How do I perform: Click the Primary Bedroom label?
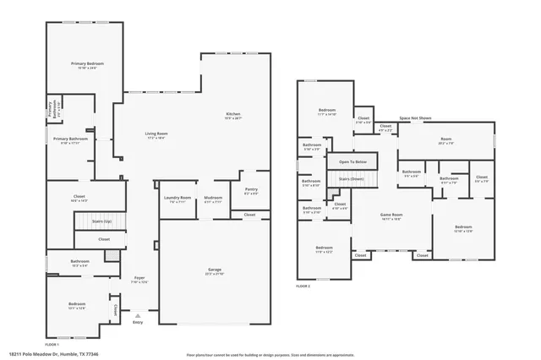point(82,64)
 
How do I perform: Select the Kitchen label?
point(233,116)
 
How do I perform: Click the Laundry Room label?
point(178,199)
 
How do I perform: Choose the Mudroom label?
point(213,199)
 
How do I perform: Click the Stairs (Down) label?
point(351,179)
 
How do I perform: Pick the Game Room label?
point(390,215)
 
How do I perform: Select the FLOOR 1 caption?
point(52,345)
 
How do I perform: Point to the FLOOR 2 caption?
point(303,286)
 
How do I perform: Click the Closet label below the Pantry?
point(250,215)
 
